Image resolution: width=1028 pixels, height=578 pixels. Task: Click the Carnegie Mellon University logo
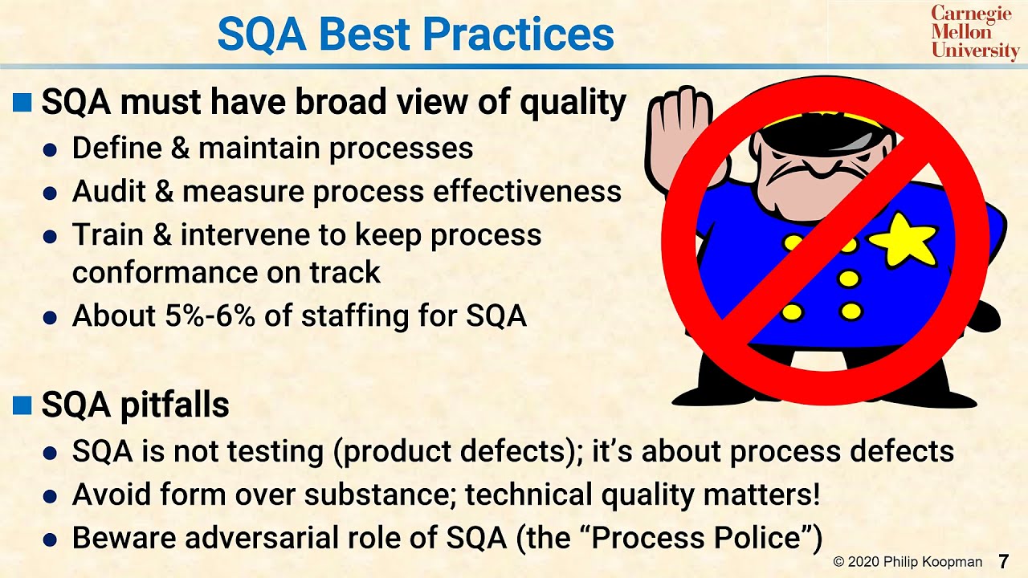coord(974,32)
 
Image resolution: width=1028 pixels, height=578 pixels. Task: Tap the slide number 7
coord(1003,560)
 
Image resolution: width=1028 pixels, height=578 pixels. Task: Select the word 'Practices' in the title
coord(518,35)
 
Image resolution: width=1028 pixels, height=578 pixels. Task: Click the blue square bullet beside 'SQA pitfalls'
coord(22,405)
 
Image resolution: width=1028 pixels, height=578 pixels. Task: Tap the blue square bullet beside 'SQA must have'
coord(22,103)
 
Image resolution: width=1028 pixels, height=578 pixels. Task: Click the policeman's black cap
coord(811,132)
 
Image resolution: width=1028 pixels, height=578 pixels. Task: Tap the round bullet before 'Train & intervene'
coord(51,237)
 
